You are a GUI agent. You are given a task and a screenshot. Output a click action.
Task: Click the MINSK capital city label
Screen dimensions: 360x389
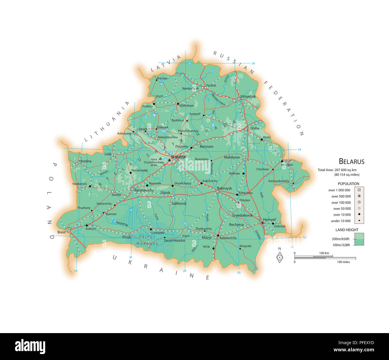point(180,157)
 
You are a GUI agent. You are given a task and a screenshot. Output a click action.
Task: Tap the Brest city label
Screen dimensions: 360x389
point(61,232)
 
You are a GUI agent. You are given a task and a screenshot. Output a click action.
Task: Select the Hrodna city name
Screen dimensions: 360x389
point(85,161)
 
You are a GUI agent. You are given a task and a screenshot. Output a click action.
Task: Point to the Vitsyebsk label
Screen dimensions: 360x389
point(248,97)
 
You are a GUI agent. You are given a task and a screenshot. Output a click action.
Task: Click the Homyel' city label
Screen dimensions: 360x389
point(270,220)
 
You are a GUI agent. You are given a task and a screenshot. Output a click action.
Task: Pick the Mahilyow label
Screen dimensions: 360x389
point(232,157)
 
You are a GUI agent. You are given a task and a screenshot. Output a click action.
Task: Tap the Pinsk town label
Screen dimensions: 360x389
point(127,237)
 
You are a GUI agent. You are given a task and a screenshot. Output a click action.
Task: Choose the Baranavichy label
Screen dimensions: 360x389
point(144,190)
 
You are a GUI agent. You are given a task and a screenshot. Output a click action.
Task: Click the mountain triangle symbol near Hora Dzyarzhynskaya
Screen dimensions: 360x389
point(160,159)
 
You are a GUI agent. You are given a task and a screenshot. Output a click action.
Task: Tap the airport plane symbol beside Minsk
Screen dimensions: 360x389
point(169,160)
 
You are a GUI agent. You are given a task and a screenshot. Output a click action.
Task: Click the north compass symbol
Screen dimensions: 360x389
point(279,257)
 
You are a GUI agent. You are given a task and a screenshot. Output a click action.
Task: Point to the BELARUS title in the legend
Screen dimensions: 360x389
point(352,161)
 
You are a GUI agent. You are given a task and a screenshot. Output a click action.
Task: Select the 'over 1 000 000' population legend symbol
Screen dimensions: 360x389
point(359,190)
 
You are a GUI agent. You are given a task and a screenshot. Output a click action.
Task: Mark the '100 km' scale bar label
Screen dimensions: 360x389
point(324,253)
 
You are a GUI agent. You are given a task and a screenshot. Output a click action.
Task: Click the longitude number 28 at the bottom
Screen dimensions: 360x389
point(185,271)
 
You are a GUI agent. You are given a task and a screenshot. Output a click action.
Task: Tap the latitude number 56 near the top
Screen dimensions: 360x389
point(253,63)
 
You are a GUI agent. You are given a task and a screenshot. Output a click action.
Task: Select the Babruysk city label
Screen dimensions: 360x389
point(224,188)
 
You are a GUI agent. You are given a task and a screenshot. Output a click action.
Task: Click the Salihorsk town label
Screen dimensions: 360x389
point(179,204)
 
